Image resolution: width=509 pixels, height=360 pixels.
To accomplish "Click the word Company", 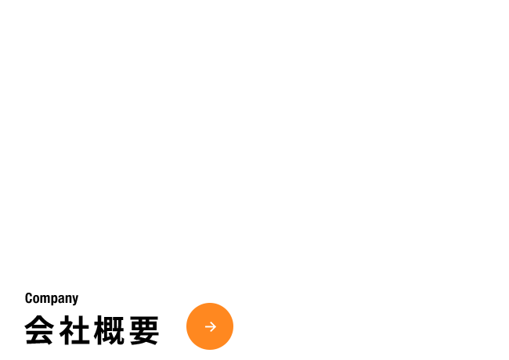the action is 52,299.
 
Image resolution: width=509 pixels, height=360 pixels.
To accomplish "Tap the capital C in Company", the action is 28,298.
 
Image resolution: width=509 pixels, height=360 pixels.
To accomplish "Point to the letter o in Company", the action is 37,300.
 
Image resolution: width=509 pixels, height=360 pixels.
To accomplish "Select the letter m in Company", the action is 46,299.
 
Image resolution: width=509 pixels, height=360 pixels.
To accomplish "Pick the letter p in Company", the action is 56,301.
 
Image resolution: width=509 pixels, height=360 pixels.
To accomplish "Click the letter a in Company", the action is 63,300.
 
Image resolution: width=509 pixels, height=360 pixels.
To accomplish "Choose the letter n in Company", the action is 70,299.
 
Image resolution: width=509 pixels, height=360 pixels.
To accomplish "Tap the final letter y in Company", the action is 76,301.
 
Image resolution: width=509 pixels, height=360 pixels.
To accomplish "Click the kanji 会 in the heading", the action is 39,330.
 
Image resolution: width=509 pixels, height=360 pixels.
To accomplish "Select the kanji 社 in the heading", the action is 74,330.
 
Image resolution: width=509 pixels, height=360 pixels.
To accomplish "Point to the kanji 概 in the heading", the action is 109,330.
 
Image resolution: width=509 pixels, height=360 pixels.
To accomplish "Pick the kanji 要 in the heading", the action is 144,330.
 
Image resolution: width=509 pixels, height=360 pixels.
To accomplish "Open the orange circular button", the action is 210,326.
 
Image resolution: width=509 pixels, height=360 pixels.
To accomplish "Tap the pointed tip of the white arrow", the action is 216,326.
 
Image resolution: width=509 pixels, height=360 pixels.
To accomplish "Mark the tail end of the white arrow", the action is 205,326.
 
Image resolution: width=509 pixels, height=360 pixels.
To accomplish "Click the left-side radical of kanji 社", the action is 66,330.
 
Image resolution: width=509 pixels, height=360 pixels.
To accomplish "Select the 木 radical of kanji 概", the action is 99,330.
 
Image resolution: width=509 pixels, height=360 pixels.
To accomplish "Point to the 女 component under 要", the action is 144,337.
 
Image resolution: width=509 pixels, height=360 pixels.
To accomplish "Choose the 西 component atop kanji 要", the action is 144,323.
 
